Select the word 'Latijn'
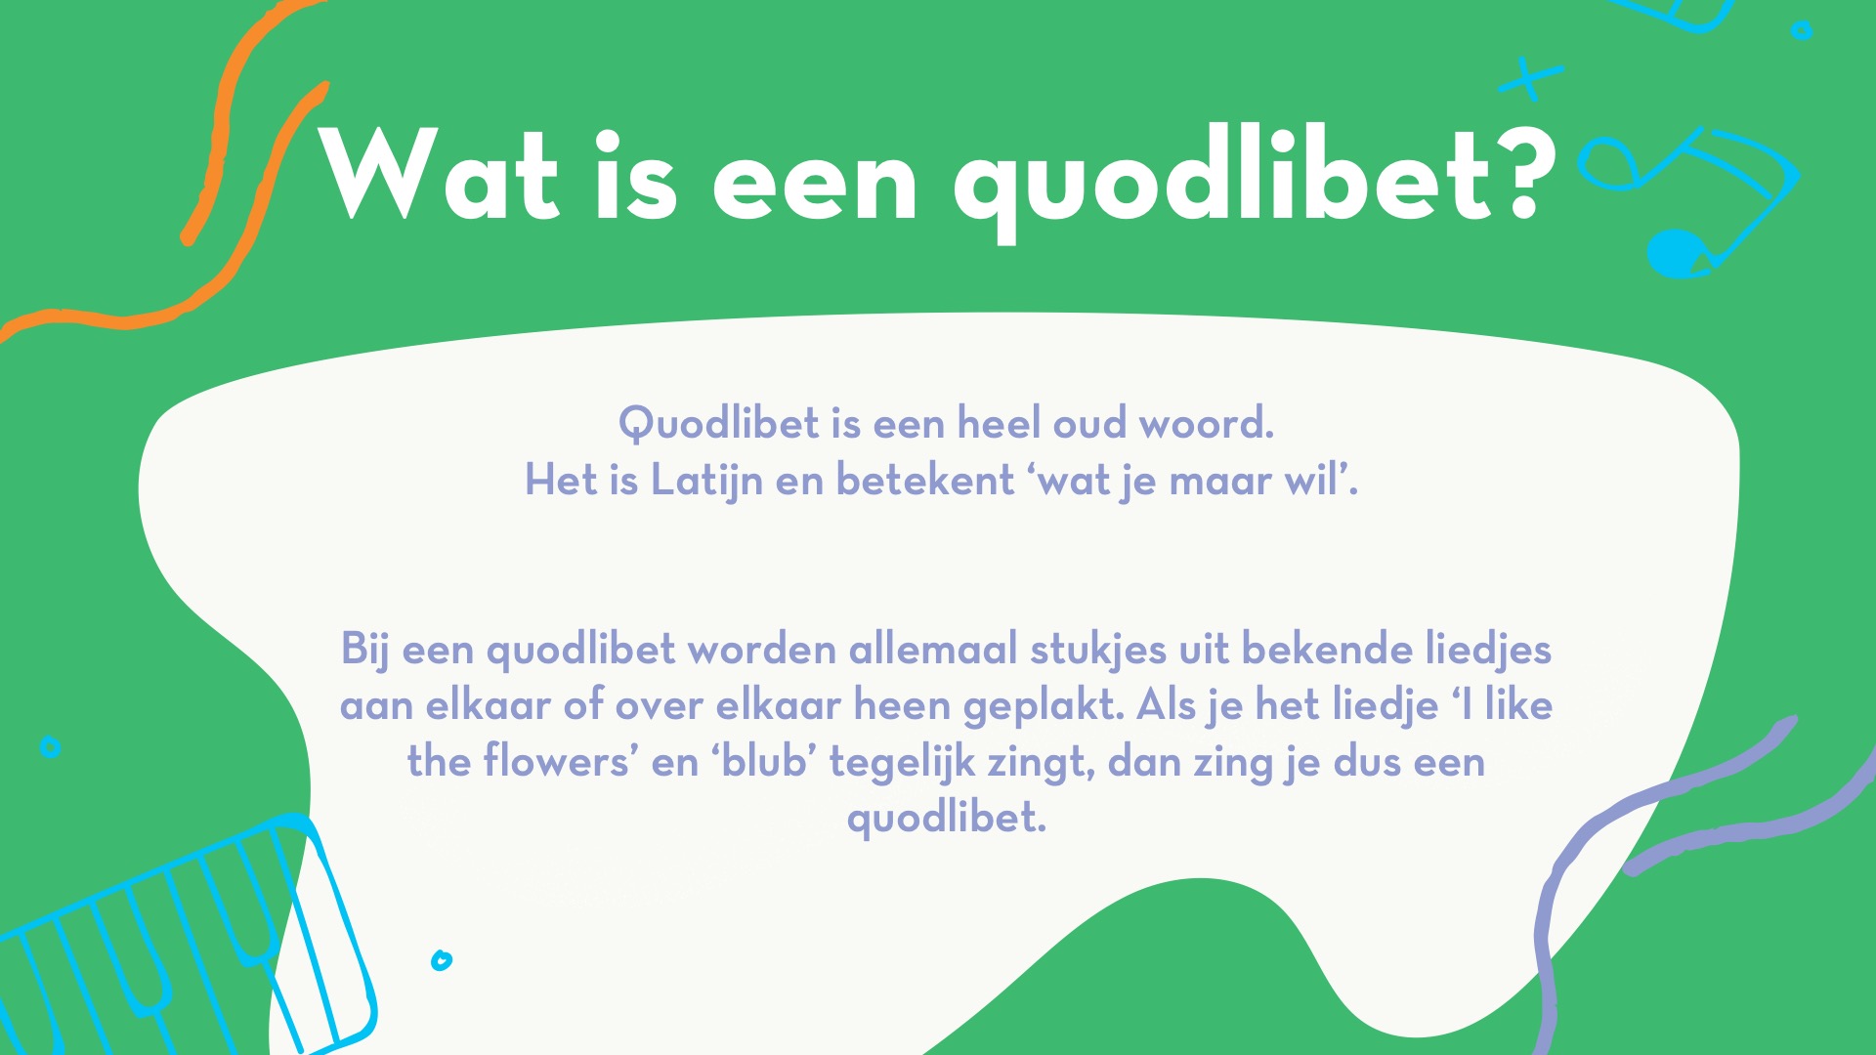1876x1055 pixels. coord(706,481)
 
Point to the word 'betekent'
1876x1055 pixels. coord(925,480)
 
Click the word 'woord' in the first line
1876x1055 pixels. coord(1207,423)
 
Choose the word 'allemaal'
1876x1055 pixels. coord(933,649)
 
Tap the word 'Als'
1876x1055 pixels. coord(1167,704)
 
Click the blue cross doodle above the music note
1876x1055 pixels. coord(1531,78)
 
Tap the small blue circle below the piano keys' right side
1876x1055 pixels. coord(442,960)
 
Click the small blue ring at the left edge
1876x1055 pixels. coord(50,747)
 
